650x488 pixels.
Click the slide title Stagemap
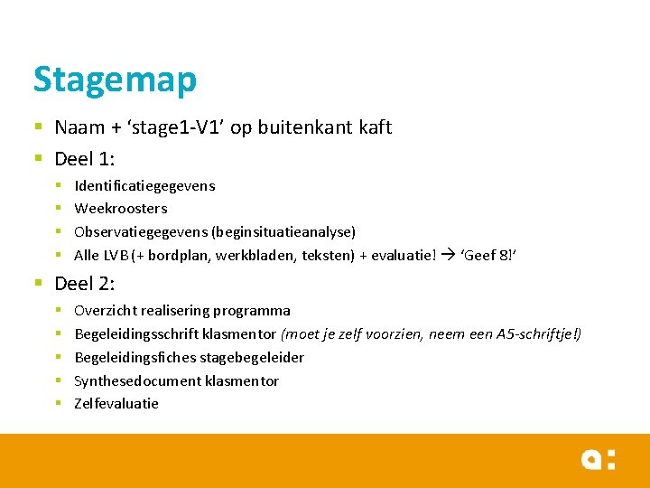tap(115, 80)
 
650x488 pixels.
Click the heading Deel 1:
tap(84, 159)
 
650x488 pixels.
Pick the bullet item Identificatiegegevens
tap(144, 185)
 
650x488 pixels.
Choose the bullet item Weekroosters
tap(121, 208)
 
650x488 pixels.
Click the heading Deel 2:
tap(84, 284)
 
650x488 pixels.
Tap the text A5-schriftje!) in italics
tap(539, 334)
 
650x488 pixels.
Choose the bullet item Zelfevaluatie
tap(116, 404)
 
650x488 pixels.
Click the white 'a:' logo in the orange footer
tap(598, 460)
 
